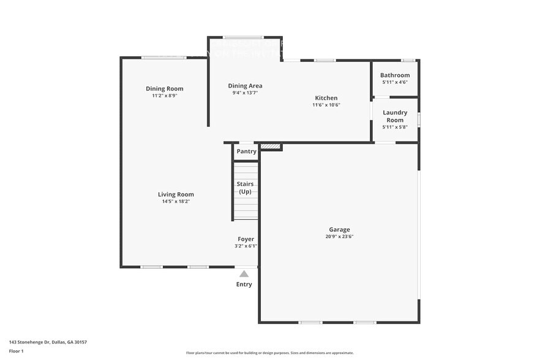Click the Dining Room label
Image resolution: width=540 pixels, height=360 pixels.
coord(164,89)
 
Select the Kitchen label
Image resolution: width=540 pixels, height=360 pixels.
coord(326,98)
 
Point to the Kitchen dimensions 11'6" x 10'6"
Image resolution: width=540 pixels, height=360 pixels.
coord(326,105)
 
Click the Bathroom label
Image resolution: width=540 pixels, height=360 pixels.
coord(395,75)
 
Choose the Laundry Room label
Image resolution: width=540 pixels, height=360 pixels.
coord(395,116)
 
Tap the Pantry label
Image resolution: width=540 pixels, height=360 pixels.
coord(246,151)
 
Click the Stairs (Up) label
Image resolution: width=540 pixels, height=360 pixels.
coord(246,187)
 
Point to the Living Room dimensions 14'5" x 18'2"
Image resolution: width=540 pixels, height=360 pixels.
coord(176,201)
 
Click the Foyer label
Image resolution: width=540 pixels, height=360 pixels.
coord(246,239)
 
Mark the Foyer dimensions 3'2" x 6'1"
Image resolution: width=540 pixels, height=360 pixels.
coord(246,246)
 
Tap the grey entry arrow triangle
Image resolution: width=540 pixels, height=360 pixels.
coord(244,274)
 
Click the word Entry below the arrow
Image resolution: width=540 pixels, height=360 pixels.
coord(244,284)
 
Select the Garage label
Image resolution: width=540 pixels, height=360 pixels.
coord(339,230)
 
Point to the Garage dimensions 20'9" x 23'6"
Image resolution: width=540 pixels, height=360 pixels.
coord(339,236)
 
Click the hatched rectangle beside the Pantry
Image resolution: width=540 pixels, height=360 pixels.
coord(271,147)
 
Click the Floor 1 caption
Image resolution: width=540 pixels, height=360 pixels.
coord(16,351)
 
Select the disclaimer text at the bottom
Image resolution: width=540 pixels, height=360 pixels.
coord(269,353)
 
